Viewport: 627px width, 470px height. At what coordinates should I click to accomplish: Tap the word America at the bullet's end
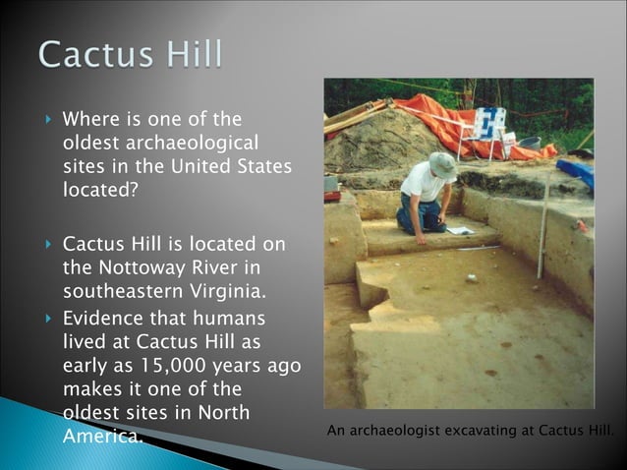(x=102, y=436)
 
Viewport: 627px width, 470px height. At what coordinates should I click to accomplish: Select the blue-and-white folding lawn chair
(x=488, y=125)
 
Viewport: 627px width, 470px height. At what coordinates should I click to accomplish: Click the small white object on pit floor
(x=473, y=278)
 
